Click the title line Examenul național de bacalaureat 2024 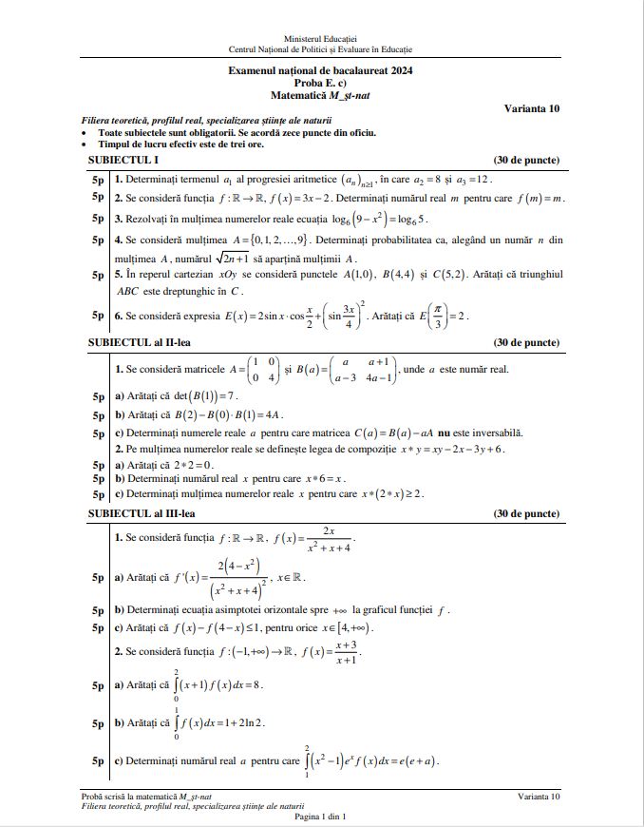point(320,71)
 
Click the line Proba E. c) point(320,83)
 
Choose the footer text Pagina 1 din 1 point(320,816)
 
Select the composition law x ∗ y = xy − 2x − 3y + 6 point(453,449)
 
